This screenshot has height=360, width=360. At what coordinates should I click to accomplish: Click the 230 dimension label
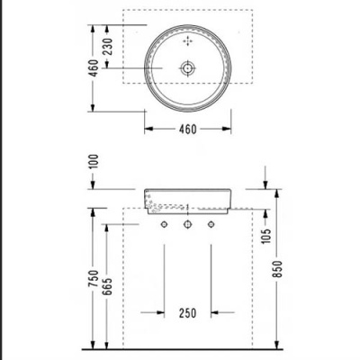(x=108, y=47)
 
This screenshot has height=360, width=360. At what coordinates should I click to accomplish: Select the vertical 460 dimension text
(x=94, y=68)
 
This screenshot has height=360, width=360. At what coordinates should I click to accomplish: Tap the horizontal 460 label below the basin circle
(x=188, y=130)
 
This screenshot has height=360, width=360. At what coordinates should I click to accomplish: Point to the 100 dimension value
(x=94, y=161)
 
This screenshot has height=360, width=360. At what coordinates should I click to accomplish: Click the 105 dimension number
(x=266, y=236)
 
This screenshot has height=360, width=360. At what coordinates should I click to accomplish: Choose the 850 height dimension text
(x=278, y=269)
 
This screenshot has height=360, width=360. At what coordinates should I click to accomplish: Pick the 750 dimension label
(x=94, y=278)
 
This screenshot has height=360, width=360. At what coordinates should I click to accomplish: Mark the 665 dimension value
(x=107, y=286)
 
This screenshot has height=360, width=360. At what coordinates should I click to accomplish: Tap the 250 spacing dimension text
(x=188, y=313)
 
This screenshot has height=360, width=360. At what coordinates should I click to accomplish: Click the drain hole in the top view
(x=188, y=68)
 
